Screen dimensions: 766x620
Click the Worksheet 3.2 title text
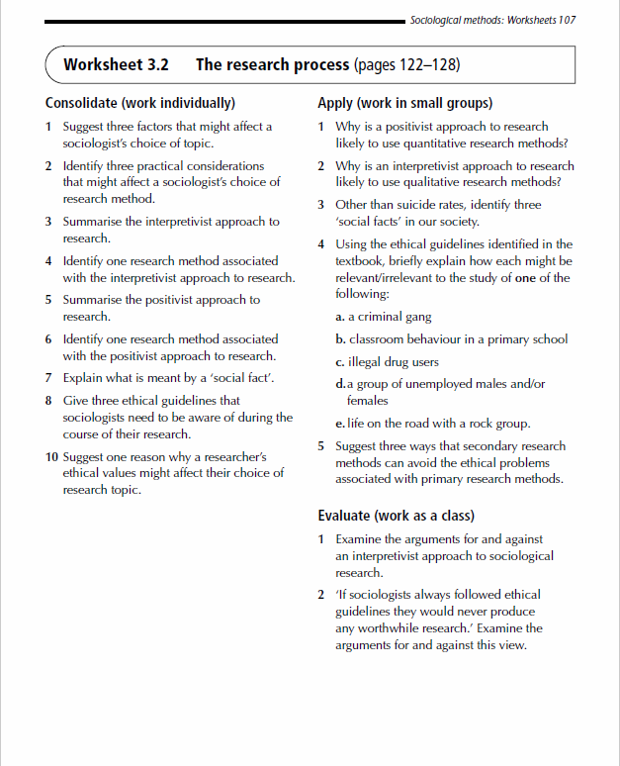tap(116, 65)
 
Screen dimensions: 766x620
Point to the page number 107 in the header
tap(567, 20)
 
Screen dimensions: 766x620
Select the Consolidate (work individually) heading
tap(140, 103)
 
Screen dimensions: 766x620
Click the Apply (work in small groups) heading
tap(405, 103)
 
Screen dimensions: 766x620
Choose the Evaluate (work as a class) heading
tap(396, 516)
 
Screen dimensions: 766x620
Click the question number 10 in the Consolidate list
tap(51, 457)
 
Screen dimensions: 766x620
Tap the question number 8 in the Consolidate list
tap(48, 401)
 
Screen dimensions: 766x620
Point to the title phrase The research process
tap(272, 65)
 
